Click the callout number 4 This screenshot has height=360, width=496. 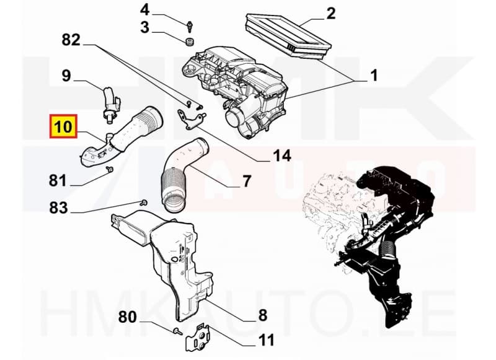tap(144, 10)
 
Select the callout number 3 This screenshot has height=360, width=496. tap(144, 27)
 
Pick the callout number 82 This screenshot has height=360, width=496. tap(71, 40)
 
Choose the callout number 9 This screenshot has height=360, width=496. tap(66, 76)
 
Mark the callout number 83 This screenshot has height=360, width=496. tap(58, 209)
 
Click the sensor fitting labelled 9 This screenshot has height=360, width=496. tap(110, 100)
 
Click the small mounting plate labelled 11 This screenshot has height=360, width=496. tap(200, 338)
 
